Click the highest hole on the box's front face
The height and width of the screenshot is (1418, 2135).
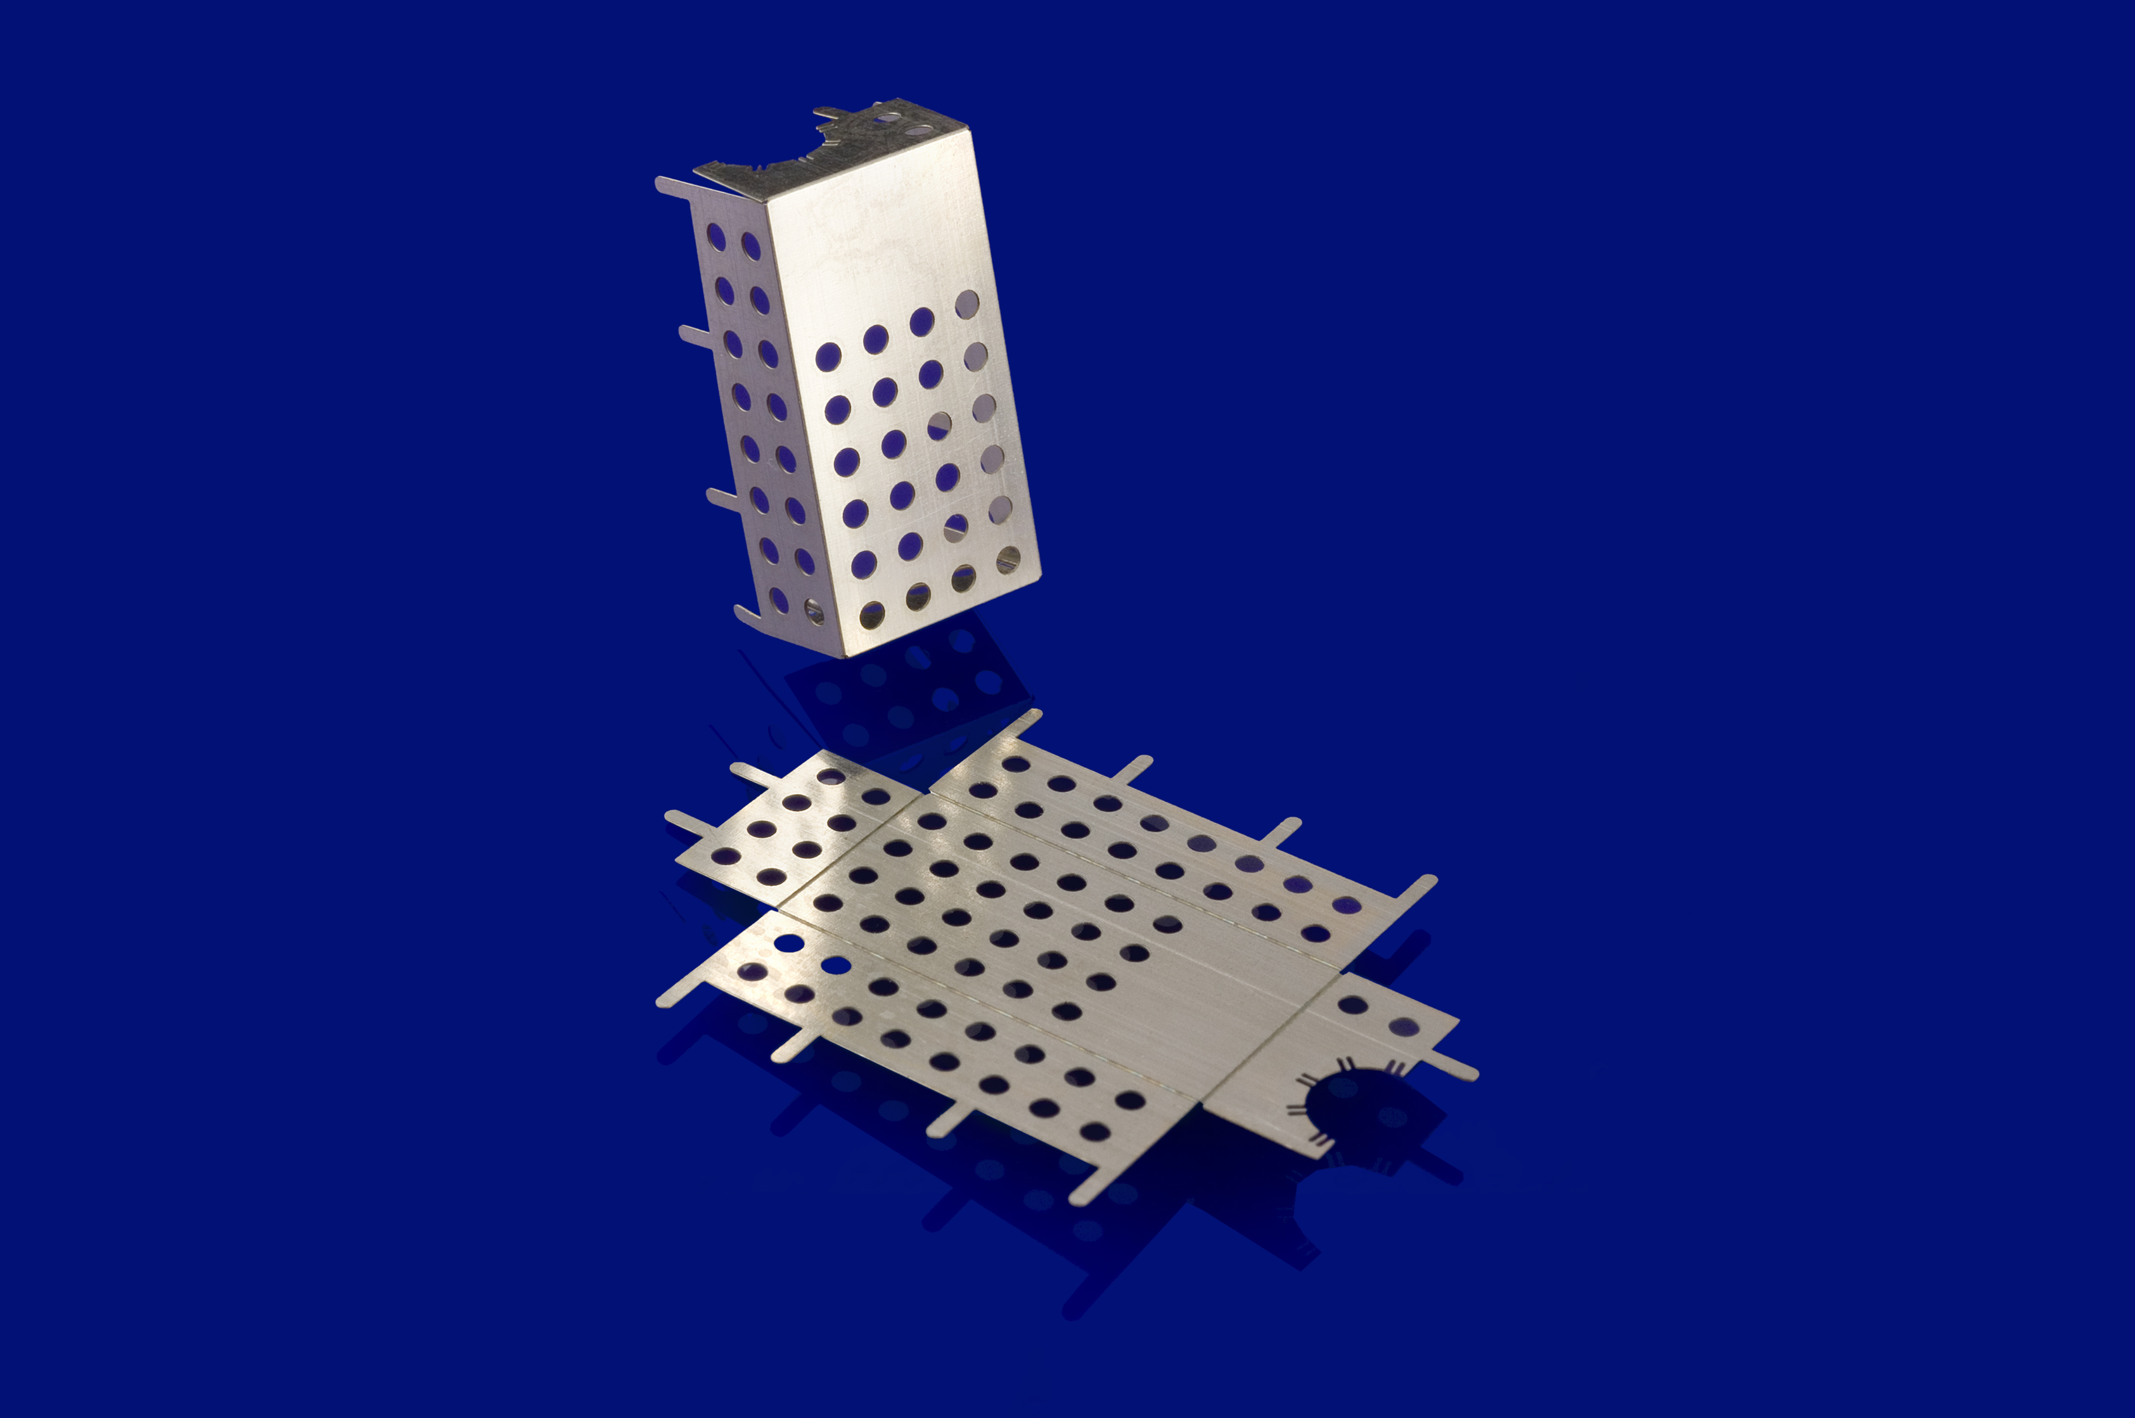(966, 304)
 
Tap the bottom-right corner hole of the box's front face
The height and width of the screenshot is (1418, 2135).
(1008, 559)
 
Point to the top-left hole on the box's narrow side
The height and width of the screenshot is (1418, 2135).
(715, 237)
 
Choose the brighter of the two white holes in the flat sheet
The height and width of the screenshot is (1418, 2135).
(788, 943)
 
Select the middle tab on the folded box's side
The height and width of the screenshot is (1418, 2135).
(696, 336)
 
